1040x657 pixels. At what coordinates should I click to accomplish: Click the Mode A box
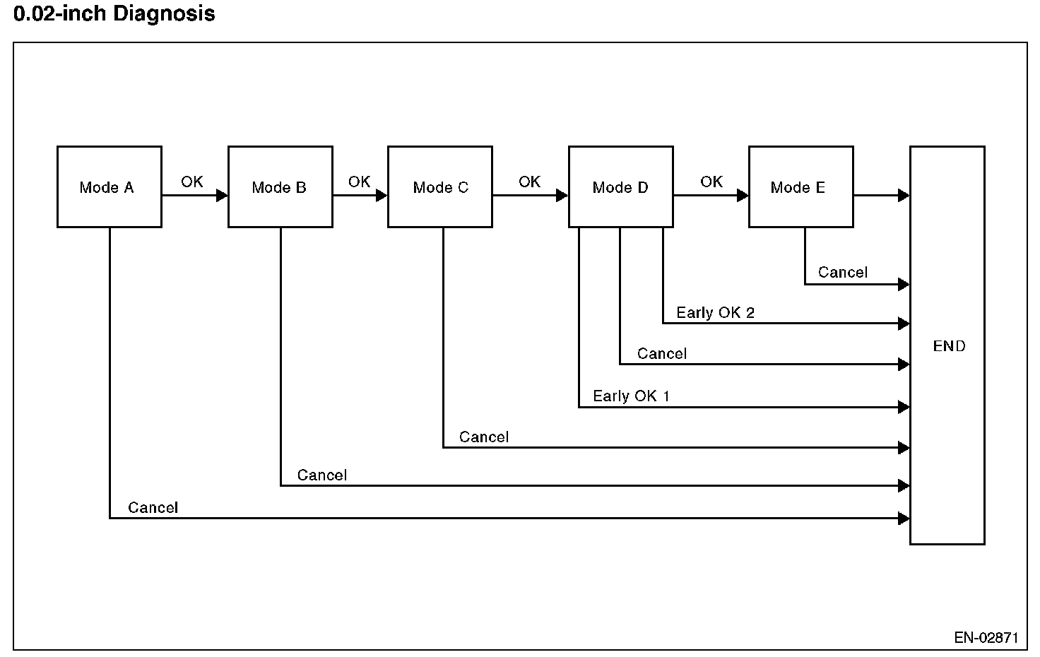[110, 187]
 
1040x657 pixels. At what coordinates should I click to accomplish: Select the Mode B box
[280, 187]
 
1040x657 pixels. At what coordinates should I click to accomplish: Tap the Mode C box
[440, 187]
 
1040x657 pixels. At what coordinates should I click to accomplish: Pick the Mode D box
[621, 187]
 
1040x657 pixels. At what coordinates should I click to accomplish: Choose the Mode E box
[801, 187]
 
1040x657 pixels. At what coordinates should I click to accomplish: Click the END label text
[949, 346]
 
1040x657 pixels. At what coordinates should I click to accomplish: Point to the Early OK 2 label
[715, 312]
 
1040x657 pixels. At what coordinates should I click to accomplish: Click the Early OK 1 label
[631, 396]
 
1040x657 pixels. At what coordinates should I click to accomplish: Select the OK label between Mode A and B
[191, 182]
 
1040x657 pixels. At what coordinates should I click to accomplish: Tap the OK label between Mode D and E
[711, 182]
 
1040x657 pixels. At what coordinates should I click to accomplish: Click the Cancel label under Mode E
[843, 272]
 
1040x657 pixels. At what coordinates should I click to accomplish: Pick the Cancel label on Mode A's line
[153, 507]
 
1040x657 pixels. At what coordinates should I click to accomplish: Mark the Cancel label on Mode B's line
[321, 475]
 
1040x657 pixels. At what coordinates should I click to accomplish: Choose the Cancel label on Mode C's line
[484, 437]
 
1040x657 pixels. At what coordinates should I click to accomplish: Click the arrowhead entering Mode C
[382, 196]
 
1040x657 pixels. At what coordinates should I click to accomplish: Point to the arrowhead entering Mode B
[222, 196]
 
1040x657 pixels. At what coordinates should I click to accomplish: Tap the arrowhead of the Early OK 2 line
[904, 323]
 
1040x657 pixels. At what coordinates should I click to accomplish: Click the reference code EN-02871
[986, 637]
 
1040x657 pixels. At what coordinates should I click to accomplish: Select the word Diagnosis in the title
[164, 13]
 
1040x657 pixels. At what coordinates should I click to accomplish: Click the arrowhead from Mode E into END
[904, 196]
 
